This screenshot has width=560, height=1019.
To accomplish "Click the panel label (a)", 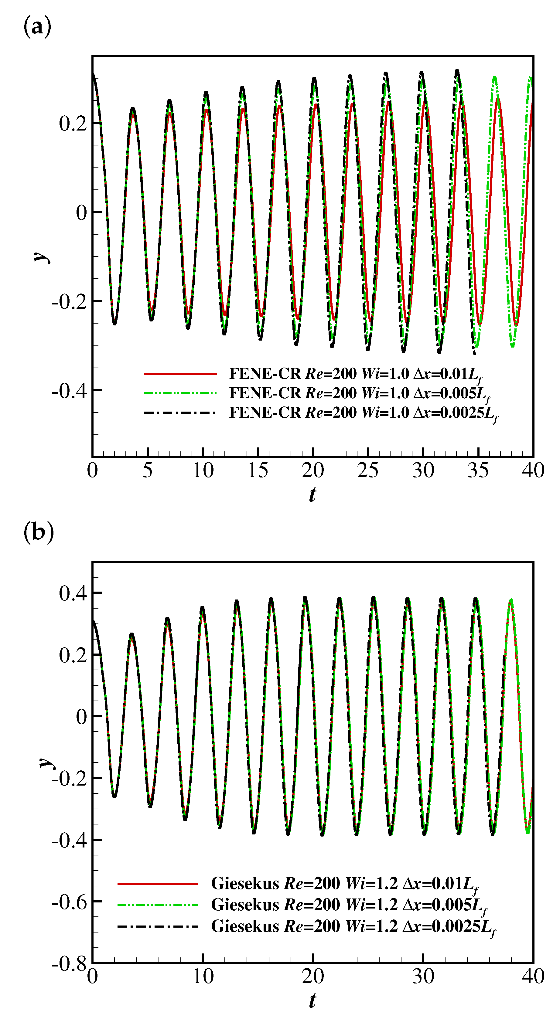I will pos(38,27).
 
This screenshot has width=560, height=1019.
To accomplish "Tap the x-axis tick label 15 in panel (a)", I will pos(258,470).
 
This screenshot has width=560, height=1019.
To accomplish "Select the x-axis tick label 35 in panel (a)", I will pos(478,470).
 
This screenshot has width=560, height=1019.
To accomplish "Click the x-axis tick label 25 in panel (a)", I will pos(368,470).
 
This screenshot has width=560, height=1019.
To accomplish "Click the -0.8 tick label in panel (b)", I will pos(69,964).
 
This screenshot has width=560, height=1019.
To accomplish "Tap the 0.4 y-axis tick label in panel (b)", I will pos(73,593).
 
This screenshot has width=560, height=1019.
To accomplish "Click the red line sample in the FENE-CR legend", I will pos(180,373).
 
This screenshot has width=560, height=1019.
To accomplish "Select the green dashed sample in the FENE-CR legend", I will pos(180,393).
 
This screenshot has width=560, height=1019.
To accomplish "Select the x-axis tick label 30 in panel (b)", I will pos(423,976).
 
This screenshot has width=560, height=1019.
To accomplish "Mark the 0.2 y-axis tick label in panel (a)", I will pos(73,124).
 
